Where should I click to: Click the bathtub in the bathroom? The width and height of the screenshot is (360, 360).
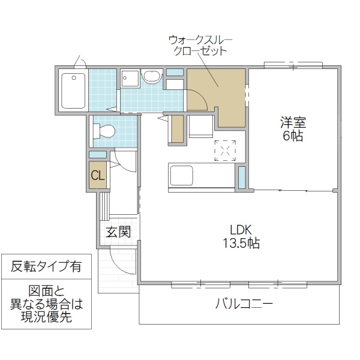tap(74, 90)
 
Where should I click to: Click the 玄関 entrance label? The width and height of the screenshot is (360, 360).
tap(118, 232)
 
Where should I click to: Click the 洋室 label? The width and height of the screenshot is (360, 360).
tap(293, 123)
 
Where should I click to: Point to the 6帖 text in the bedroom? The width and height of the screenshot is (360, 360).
tap(293, 136)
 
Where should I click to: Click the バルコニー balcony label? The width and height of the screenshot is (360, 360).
tap(244, 304)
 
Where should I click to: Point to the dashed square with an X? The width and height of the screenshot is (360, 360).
tap(226, 151)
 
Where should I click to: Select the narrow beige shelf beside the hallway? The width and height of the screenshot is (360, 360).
tap(176, 128)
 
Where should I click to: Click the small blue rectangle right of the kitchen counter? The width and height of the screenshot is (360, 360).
tap(242, 177)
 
